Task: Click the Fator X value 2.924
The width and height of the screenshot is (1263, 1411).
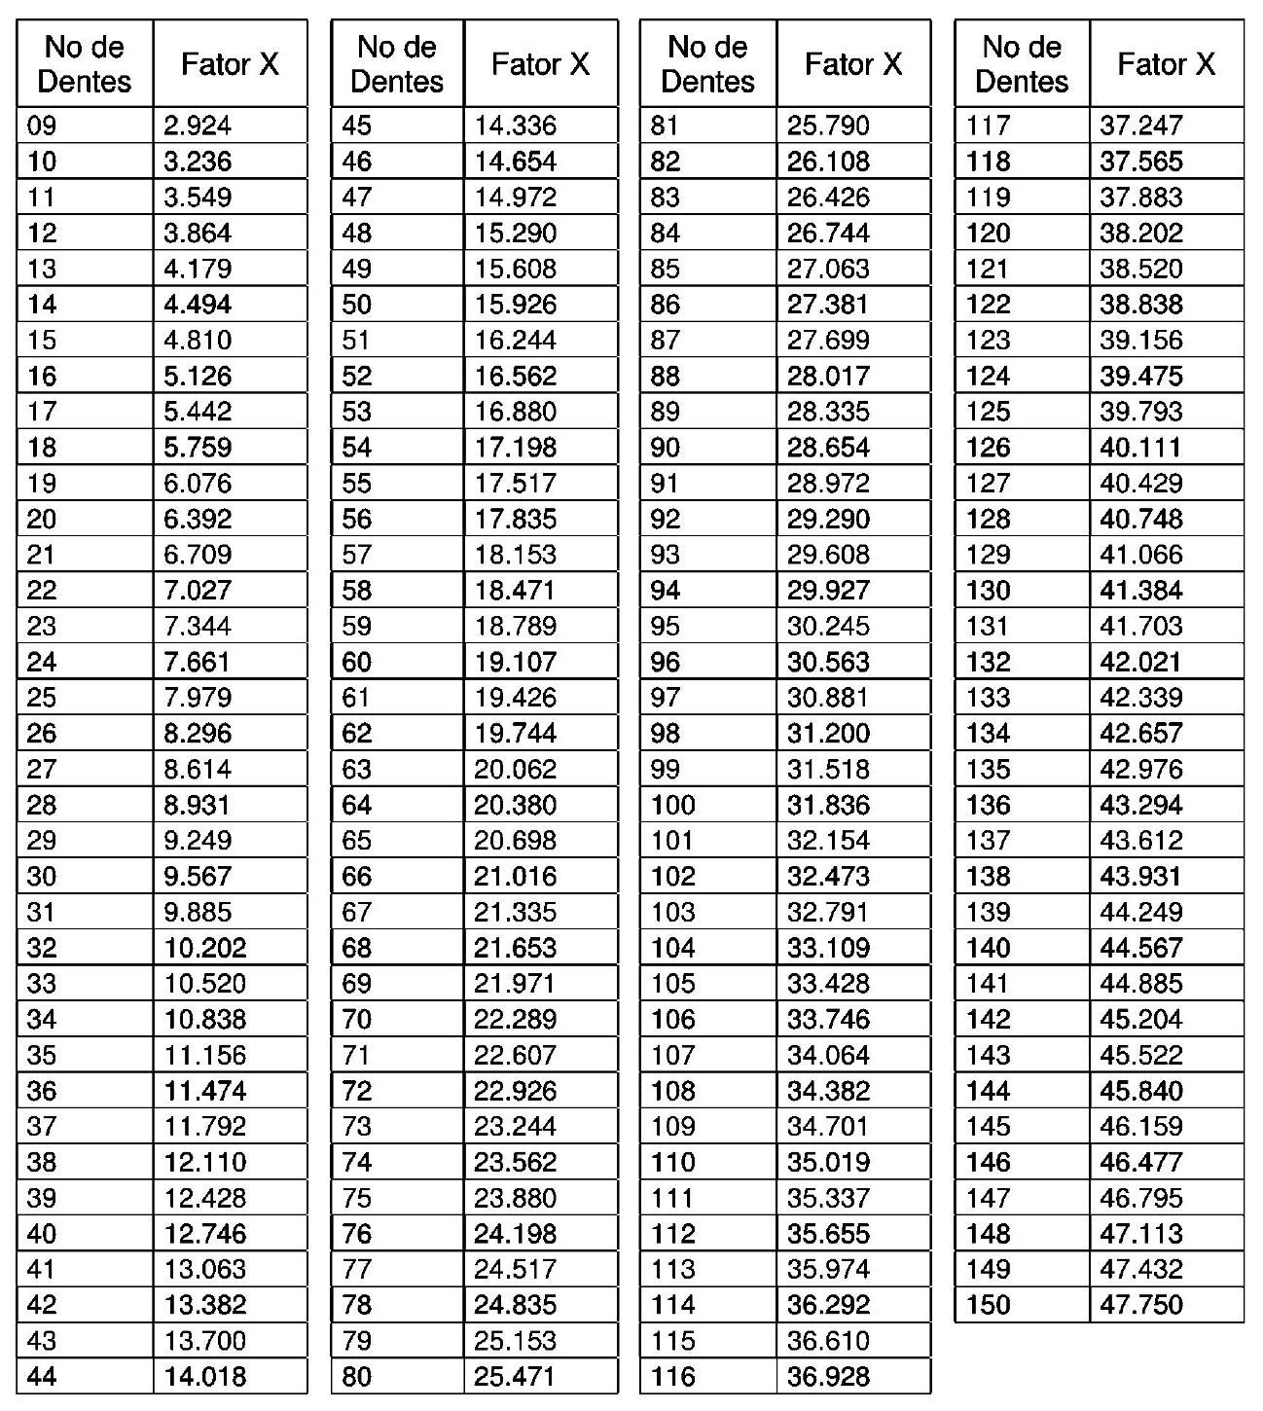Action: tap(198, 126)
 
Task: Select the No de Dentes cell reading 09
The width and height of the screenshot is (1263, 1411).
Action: tap(42, 126)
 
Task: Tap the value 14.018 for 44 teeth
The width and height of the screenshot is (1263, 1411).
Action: tap(205, 1377)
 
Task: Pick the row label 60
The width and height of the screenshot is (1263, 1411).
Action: tap(356, 662)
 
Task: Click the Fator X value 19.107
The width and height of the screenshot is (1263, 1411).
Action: tap(516, 662)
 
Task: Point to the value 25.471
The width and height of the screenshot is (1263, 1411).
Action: tap(516, 1377)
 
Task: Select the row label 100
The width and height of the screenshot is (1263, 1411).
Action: tap(673, 805)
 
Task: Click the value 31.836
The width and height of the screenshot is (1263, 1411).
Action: tap(828, 805)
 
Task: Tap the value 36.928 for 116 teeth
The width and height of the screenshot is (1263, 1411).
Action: tap(828, 1377)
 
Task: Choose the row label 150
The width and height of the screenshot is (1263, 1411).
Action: tap(989, 1305)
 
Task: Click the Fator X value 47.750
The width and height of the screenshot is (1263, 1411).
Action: tap(1141, 1305)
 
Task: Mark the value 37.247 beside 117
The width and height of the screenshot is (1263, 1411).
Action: tap(1141, 126)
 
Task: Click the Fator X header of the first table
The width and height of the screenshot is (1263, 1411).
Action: tap(230, 64)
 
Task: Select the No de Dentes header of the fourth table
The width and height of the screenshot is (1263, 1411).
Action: tap(1022, 64)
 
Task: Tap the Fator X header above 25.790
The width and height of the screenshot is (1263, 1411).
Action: tap(853, 64)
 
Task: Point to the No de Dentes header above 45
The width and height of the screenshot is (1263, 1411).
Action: tap(397, 64)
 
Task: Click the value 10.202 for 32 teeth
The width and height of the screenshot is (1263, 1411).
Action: tap(205, 948)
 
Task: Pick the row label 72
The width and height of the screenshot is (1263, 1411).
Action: tap(356, 1091)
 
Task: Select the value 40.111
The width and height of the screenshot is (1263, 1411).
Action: tap(1140, 448)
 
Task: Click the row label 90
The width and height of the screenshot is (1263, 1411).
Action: tap(666, 448)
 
